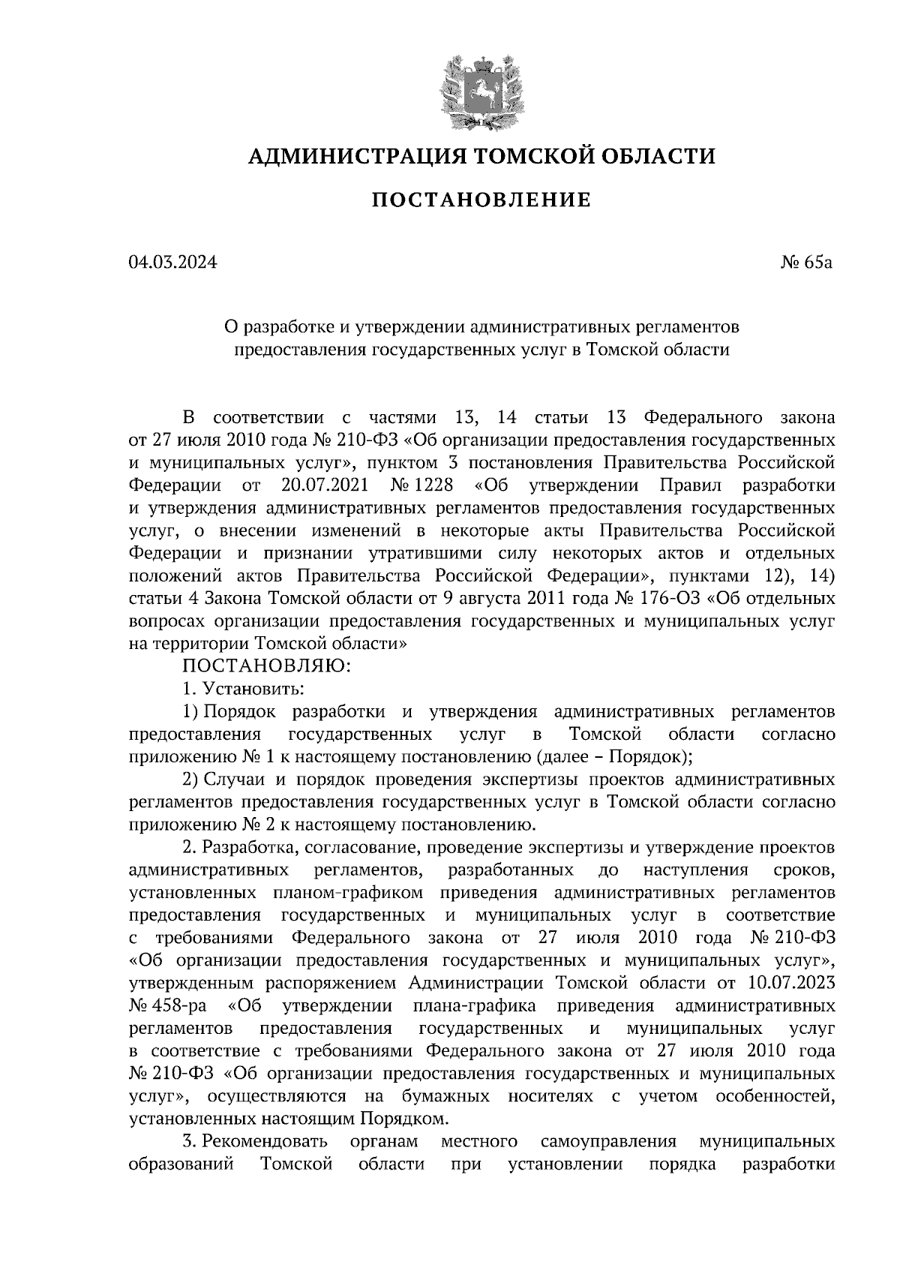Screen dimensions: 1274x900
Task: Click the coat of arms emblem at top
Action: pyautogui.click(x=481, y=90)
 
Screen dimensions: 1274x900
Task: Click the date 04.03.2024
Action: pyautogui.click(x=172, y=262)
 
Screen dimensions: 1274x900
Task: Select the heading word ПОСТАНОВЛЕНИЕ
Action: pyautogui.click(x=481, y=200)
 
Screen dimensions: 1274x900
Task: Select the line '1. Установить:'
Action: pyautogui.click(x=242, y=688)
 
